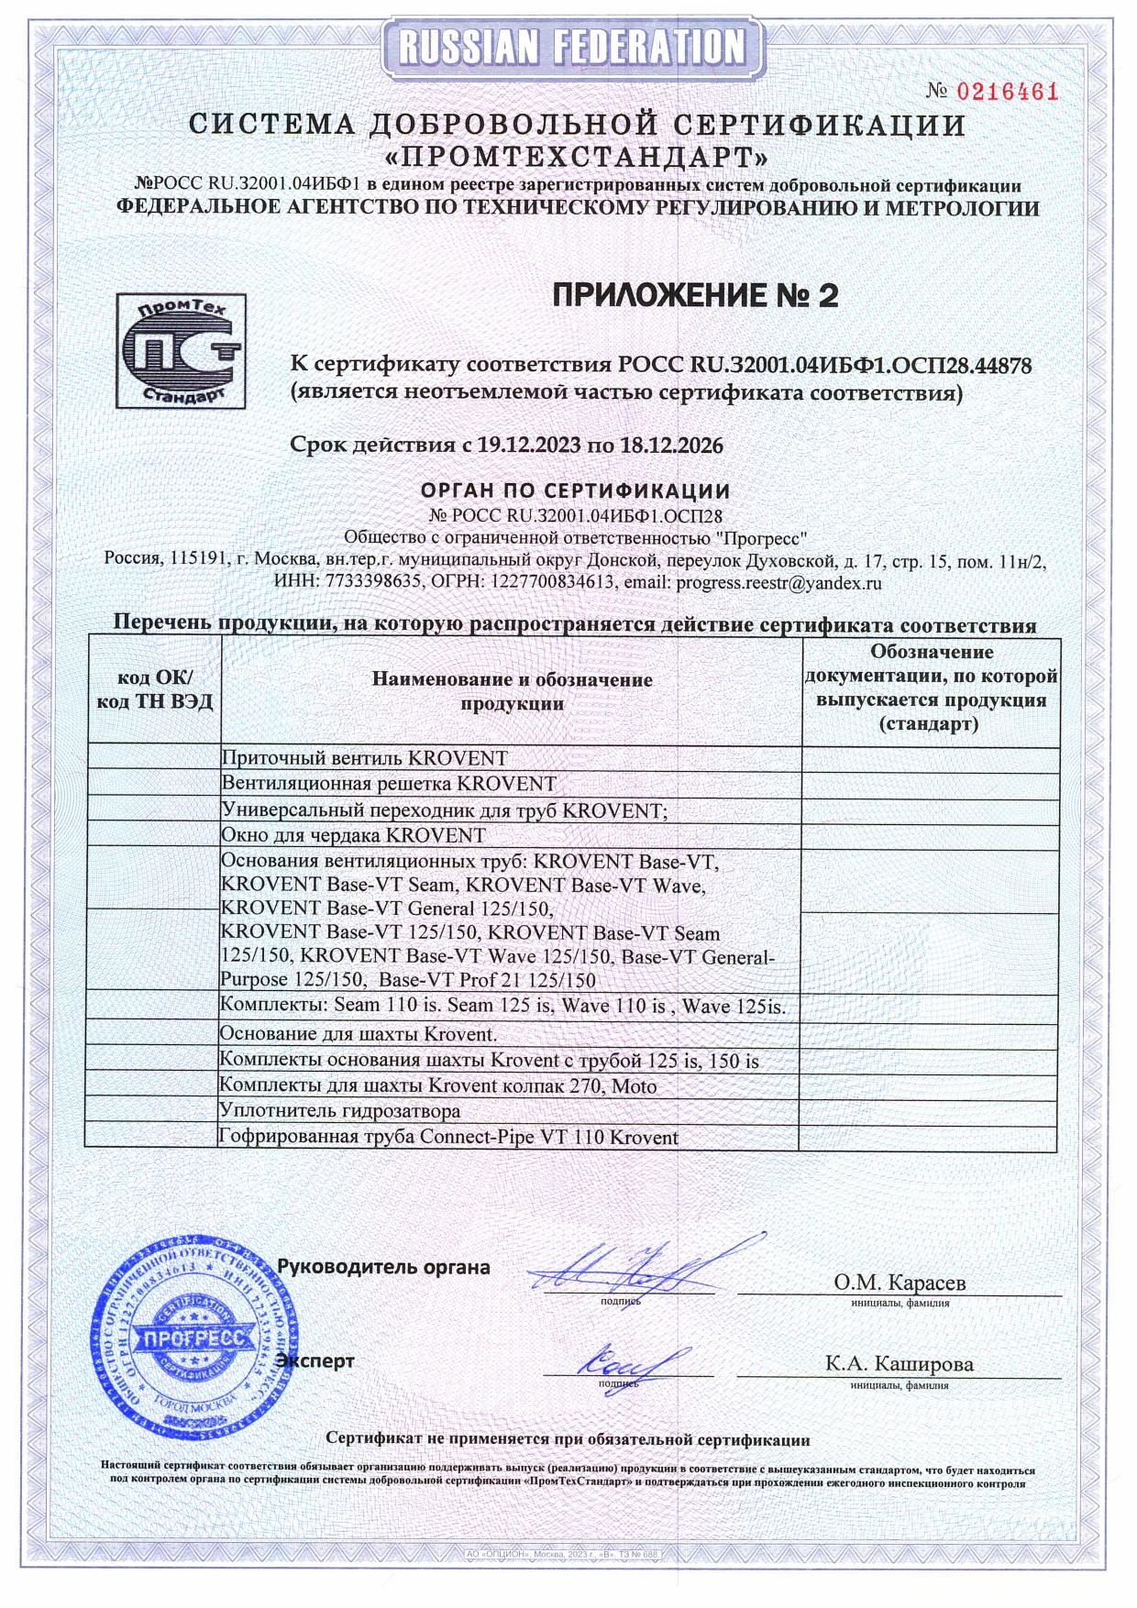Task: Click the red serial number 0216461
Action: click(1007, 92)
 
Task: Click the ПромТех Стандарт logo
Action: click(181, 350)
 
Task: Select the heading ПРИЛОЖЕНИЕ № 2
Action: click(695, 296)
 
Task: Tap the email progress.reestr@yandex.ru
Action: click(778, 581)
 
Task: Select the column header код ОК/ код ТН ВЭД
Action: click(154, 690)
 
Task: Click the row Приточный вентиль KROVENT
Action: click(365, 758)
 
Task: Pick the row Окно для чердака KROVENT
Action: click(354, 835)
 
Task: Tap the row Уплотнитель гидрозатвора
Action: click(340, 1111)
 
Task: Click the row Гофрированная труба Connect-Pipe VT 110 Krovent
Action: click(449, 1138)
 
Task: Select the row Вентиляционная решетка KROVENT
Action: click(389, 784)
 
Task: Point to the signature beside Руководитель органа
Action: click(633, 1270)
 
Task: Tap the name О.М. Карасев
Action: click(899, 1282)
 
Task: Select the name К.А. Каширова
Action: click(899, 1363)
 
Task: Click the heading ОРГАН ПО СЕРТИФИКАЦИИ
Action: click(575, 491)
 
